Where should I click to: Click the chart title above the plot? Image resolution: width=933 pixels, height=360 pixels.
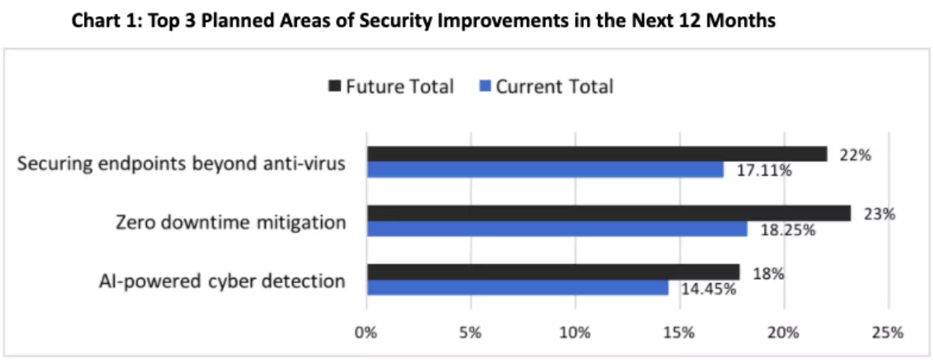click(x=424, y=21)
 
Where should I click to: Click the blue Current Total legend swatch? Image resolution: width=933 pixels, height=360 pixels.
click(x=483, y=87)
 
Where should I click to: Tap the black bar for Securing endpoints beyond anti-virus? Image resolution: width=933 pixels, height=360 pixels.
click(x=596, y=154)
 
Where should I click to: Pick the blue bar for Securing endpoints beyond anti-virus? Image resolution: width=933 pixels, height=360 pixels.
click(x=545, y=170)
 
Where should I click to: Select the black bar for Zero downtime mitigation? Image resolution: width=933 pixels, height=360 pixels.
click(x=609, y=213)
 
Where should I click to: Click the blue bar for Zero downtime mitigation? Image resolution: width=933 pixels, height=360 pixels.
click(x=557, y=229)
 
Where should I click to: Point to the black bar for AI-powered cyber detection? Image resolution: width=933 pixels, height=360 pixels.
click(x=553, y=272)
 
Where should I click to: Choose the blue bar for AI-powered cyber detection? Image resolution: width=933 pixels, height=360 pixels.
click(x=517, y=288)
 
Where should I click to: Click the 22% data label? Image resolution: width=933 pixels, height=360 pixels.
click(x=855, y=155)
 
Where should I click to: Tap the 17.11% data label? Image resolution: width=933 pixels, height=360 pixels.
click(x=764, y=171)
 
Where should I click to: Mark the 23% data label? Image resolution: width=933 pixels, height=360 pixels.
click(x=879, y=215)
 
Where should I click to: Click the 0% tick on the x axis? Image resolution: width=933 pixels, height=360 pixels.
click(x=366, y=333)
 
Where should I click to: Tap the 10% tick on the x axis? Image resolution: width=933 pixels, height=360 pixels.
click(x=575, y=333)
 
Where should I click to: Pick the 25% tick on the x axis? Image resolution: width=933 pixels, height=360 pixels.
click(x=887, y=333)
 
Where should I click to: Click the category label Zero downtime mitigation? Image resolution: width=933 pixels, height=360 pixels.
click(x=230, y=223)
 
